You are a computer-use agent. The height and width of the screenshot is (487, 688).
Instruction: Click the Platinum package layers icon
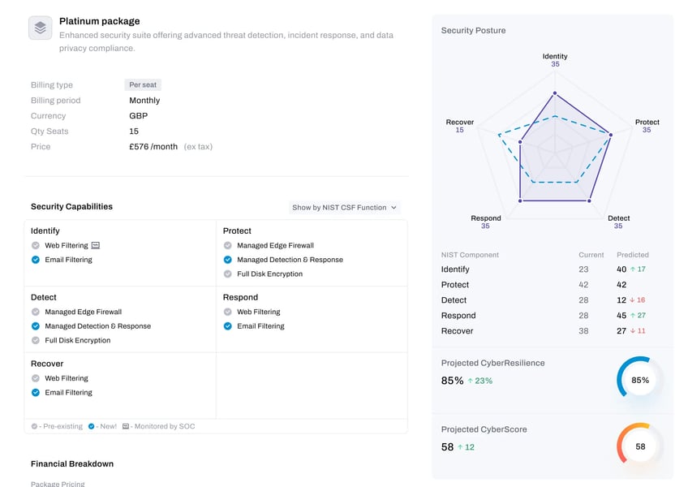click(x=41, y=28)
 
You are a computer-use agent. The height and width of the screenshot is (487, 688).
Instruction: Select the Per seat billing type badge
click(x=143, y=84)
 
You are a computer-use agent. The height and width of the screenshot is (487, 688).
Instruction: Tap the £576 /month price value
click(x=153, y=147)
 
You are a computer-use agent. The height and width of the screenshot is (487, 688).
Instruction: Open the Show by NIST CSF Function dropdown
click(x=345, y=207)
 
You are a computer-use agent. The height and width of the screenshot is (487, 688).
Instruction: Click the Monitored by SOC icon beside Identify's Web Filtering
click(x=95, y=245)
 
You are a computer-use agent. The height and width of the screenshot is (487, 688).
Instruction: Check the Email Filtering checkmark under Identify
click(x=36, y=260)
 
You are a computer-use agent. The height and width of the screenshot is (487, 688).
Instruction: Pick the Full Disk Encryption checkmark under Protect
click(x=228, y=274)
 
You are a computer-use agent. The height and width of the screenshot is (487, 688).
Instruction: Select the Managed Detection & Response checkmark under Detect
click(x=36, y=325)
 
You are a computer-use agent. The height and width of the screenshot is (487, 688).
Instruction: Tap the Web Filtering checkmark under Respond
click(x=228, y=312)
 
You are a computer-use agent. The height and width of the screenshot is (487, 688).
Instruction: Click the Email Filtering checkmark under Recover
click(x=36, y=393)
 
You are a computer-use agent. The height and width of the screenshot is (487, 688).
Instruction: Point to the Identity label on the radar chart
click(x=555, y=56)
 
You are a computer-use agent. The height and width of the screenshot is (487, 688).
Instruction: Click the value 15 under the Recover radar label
click(x=459, y=130)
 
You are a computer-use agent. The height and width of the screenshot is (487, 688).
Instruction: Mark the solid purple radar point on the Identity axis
click(x=555, y=93)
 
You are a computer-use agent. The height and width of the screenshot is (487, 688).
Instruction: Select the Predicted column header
click(x=632, y=255)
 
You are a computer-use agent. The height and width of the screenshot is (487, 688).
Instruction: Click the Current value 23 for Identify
click(x=583, y=269)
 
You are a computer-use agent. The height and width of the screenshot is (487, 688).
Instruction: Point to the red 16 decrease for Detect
click(x=638, y=300)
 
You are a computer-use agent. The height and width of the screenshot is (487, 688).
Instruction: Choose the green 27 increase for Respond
click(x=638, y=315)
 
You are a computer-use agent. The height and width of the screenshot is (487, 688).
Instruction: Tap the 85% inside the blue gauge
click(x=640, y=380)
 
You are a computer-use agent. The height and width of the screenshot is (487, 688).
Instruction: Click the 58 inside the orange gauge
click(x=640, y=446)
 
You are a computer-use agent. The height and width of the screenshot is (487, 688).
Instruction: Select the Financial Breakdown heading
click(x=72, y=463)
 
